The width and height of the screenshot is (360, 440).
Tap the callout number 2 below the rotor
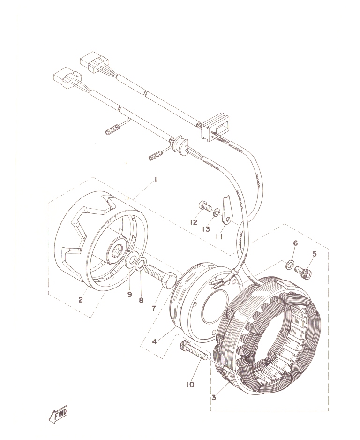click(x=81, y=300)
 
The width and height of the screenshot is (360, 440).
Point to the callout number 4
click(x=155, y=342)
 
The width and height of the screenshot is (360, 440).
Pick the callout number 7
click(x=154, y=308)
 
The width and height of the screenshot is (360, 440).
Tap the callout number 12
click(x=194, y=222)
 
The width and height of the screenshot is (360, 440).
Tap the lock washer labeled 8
click(x=141, y=264)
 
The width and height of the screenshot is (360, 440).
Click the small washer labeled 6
click(x=290, y=265)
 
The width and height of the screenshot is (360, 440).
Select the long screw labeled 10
click(x=194, y=350)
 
